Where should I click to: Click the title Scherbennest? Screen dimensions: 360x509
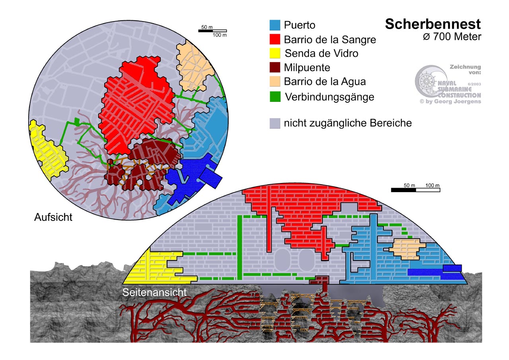coord(433,24)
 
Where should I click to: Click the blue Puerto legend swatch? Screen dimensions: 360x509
coord(274,25)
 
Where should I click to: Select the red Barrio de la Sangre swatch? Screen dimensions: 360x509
coord(274,39)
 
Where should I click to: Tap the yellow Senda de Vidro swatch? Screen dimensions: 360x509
coord(274,53)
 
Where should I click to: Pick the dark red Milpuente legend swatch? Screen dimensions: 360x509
coord(274,67)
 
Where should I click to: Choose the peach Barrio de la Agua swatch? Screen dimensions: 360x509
coord(274,82)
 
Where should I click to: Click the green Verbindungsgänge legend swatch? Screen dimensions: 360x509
coord(274,96)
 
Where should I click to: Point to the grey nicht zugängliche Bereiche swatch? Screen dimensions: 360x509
coord(274,123)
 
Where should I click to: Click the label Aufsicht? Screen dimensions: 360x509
coord(53,217)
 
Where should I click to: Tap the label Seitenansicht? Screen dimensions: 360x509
coord(155,292)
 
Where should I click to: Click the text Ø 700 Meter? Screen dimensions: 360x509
coord(452,37)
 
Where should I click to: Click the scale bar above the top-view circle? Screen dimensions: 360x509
coord(212,31)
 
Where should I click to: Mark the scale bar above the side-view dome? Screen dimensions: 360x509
coord(416,190)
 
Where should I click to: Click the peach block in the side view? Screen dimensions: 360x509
coord(406,249)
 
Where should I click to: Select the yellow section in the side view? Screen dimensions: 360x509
coord(159,267)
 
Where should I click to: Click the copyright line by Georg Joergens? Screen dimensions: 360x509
coord(450,101)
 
